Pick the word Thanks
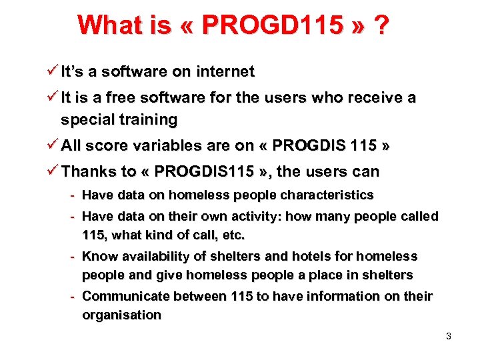[x=89, y=171]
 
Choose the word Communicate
[x=123, y=296]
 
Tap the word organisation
[x=121, y=315]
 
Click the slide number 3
[x=449, y=336]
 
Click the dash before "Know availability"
[x=73, y=256]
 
